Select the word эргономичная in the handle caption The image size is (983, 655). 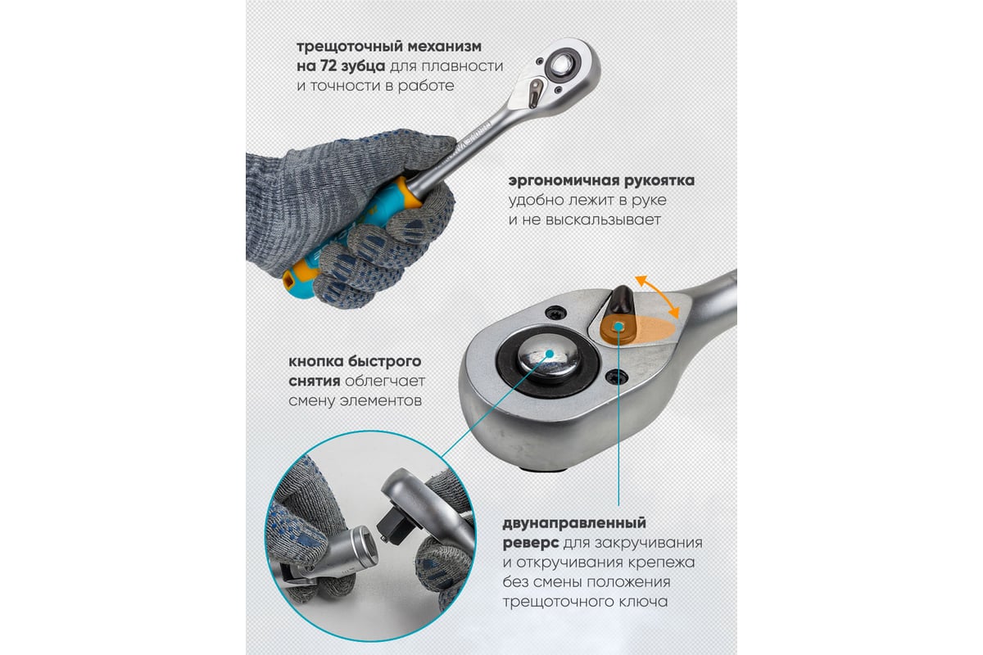click(x=559, y=181)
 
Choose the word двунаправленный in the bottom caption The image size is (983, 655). click(x=574, y=523)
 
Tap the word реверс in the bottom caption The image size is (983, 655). click(x=531, y=543)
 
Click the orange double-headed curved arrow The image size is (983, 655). click(x=657, y=296)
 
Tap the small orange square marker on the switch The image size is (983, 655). click(x=618, y=327)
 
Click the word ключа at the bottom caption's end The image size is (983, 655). click(x=646, y=602)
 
